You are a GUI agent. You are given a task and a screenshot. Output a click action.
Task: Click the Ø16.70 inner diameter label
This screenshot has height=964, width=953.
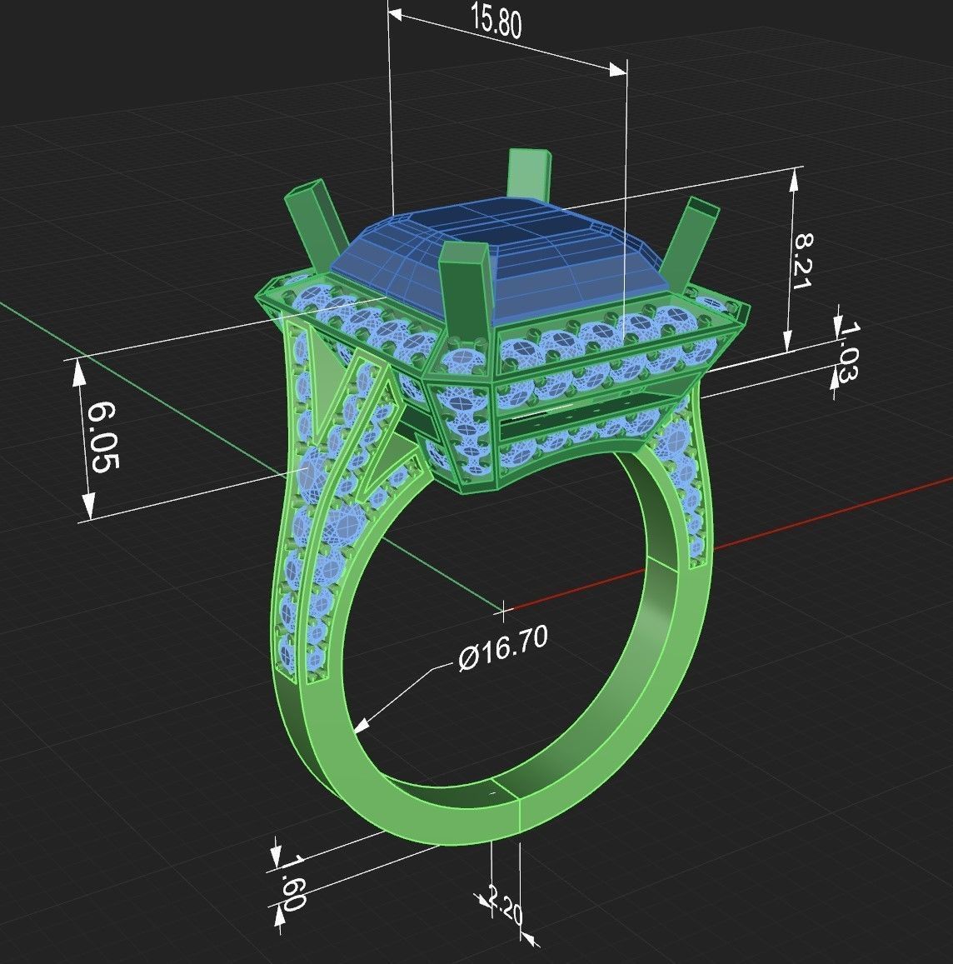502,648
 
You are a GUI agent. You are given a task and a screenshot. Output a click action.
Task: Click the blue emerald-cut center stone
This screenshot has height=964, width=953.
500,250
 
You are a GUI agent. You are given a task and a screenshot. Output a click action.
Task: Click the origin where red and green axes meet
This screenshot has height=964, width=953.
503,611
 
